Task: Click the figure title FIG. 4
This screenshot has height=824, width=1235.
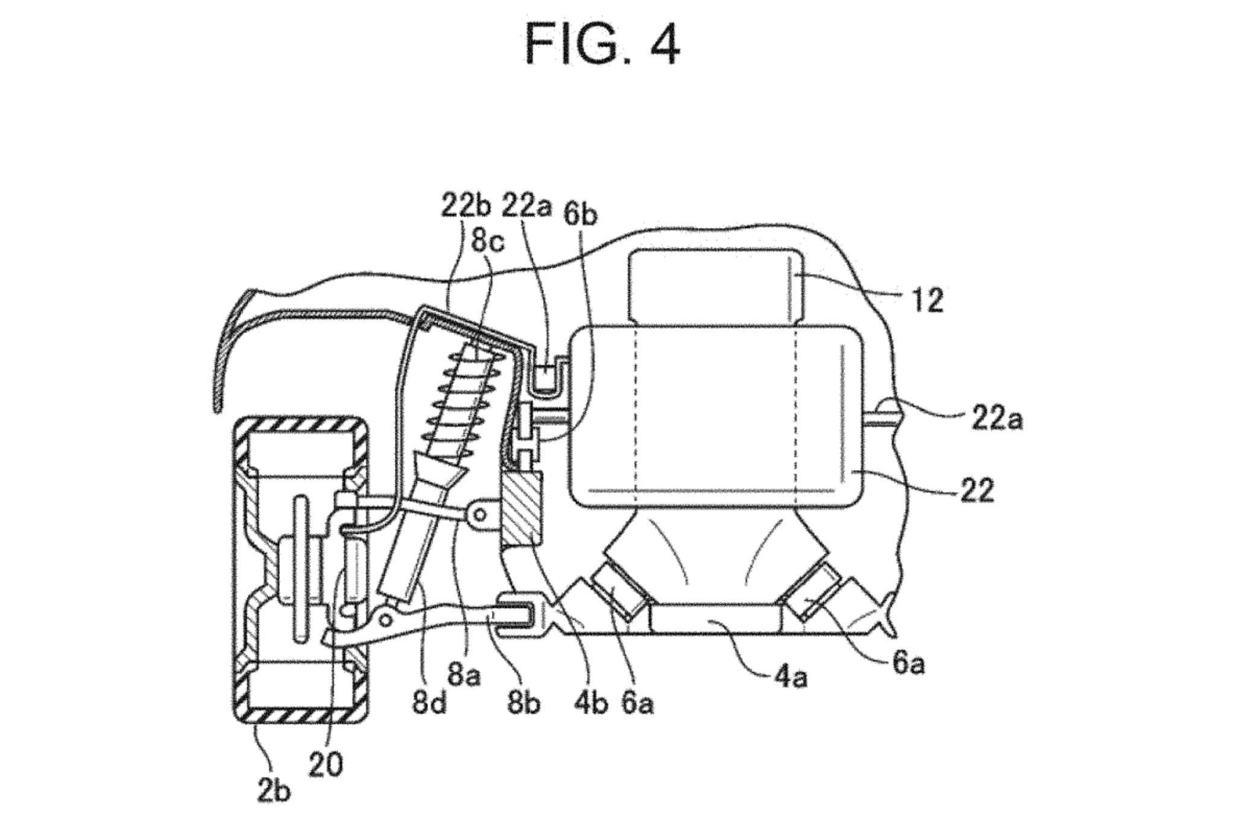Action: tap(602, 45)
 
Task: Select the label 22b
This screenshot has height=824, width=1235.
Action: tap(466, 206)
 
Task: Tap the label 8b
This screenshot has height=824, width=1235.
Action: tap(523, 703)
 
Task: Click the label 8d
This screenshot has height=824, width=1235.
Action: tap(429, 703)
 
